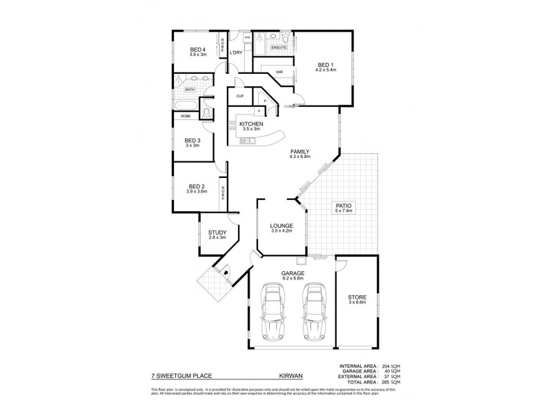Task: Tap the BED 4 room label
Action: pyautogui.click(x=198, y=50)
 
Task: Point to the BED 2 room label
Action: pyautogui.click(x=197, y=186)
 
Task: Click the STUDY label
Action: pyautogui.click(x=217, y=233)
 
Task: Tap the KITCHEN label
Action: pyautogui.click(x=252, y=124)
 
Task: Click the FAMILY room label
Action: pyautogui.click(x=299, y=152)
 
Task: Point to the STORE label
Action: pyautogui.click(x=356, y=298)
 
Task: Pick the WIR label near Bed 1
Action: pyautogui.click(x=280, y=71)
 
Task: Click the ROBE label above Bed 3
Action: pyautogui.click(x=186, y=117)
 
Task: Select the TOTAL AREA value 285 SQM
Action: pyautogui.click(x=390, y=382)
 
